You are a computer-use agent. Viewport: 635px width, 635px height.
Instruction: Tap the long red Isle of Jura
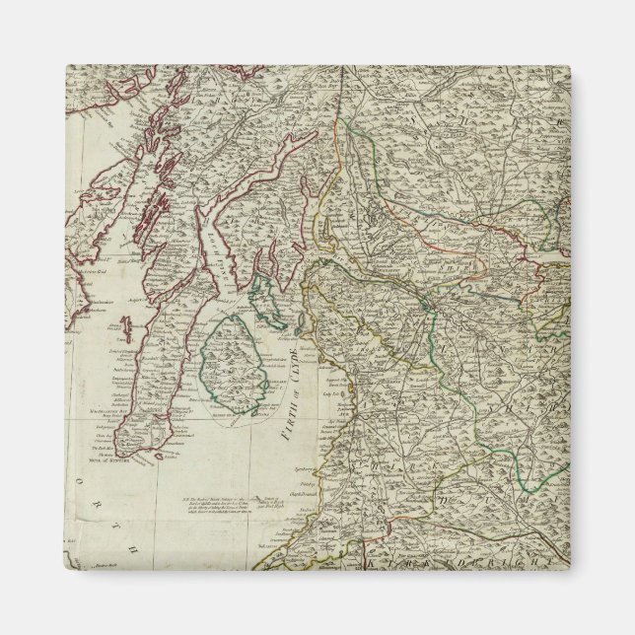158,197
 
